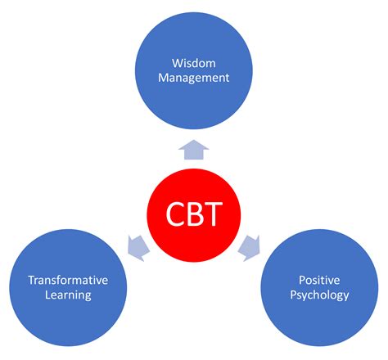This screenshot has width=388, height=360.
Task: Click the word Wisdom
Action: pos(194,61)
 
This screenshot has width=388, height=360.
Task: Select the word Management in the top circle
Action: pos(194,79)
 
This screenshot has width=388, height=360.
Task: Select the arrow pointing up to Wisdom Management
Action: pos(194,150)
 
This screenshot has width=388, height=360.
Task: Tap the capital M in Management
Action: pos(163,79)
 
